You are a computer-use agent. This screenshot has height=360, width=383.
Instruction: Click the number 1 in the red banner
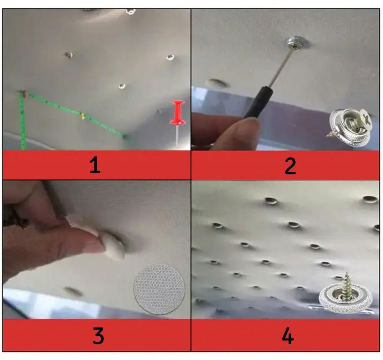tap(95, 165)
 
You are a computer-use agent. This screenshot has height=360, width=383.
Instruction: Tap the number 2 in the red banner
tap(290, 166)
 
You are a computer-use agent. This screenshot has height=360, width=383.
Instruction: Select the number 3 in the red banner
tap(98, 336)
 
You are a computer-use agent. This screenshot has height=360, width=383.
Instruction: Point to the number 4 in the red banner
tap(288, 336)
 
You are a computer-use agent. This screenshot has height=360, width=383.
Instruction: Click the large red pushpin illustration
tap(178, 122)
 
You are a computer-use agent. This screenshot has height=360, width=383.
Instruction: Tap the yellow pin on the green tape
tap(83, 116)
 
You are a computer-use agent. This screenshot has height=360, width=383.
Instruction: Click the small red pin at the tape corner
tap(24, 94)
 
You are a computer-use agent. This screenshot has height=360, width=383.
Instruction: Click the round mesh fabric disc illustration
tap(159, 289)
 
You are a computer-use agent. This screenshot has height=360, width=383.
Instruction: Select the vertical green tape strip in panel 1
tap(23, 121)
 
